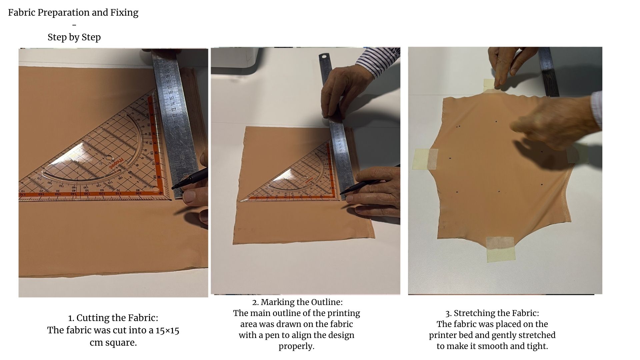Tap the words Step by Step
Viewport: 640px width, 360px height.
pos(74,37)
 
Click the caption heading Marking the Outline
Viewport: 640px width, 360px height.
pos(301,302)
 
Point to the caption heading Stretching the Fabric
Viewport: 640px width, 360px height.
pos(496,313)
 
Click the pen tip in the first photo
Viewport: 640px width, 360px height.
pos(173,188)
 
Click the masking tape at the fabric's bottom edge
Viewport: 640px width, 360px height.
pos(500,249)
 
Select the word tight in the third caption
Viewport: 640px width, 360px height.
pos(537,346)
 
